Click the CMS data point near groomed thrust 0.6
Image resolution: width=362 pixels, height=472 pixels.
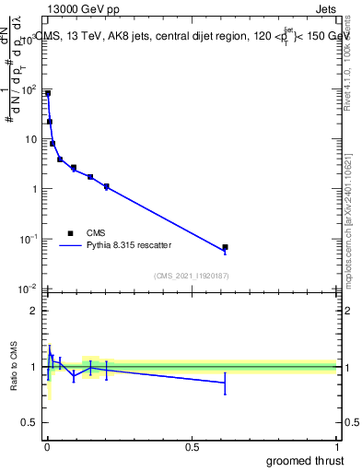pos(225,247)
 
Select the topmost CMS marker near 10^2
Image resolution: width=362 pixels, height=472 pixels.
pos(48,93)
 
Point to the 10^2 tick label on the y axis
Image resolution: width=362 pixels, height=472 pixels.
pos(29,90)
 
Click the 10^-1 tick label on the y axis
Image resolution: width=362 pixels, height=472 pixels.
pos(29,239)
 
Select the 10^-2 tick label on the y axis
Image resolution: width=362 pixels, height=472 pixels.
pos(29,289)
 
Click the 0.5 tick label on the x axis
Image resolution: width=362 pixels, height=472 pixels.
pos(192,447)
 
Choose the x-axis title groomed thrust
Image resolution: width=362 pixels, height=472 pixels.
pos(306,460)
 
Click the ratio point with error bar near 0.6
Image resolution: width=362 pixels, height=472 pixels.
pos(225,383)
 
